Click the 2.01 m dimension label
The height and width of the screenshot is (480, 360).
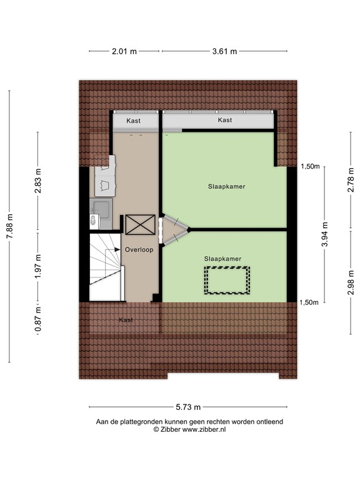click(x=124, y=52)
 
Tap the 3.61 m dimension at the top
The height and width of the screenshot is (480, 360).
click(x=224, y=52)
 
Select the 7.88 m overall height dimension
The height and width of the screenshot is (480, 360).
click(x=9, y=226)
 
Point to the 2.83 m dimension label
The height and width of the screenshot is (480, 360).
click(x=38, y=181)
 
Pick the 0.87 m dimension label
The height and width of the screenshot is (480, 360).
click(x=38, y=318)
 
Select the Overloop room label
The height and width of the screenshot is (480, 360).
click(x=138, y=249)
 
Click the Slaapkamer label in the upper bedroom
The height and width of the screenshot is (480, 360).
click(x=226, y=187)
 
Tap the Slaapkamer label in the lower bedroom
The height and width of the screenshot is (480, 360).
click(x=222, y=258)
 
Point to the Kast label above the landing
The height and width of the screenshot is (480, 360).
click(x=133, y=120)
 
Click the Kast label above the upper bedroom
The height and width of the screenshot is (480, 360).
click(x=225, y=120)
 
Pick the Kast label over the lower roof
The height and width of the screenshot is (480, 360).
click(x=126, y=320)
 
